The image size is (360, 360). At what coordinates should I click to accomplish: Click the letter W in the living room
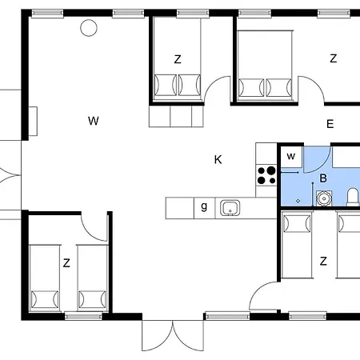click(94, 121)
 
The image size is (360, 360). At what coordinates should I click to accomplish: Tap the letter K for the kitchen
click(218, 159)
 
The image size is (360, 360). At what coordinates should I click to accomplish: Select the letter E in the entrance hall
click(330, 124)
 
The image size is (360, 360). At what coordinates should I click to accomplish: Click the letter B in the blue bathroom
click(323, 178)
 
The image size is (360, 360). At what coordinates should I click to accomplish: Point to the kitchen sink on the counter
click(230, 208)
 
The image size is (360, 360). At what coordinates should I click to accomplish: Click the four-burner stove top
click(266, 175)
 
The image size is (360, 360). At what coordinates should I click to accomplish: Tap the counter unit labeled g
click(204, 208)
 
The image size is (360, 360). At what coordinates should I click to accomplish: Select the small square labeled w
click(291, 157)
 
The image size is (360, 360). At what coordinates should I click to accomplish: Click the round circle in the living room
click(89, 28)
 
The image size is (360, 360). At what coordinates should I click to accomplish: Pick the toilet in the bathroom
click(353, 197)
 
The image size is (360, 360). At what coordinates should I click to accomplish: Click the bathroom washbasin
click(324, 198)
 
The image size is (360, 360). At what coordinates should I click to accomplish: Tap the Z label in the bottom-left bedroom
click(66, 263)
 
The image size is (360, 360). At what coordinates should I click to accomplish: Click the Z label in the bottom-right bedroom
click(323, 261)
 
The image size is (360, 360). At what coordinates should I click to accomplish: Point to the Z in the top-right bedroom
click(333, 58)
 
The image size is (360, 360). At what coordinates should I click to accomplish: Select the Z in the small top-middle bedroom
click(178, 59)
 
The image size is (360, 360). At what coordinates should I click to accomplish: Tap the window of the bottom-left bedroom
click(83, 316)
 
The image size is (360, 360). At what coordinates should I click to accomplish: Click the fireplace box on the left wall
click(33, 121)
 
